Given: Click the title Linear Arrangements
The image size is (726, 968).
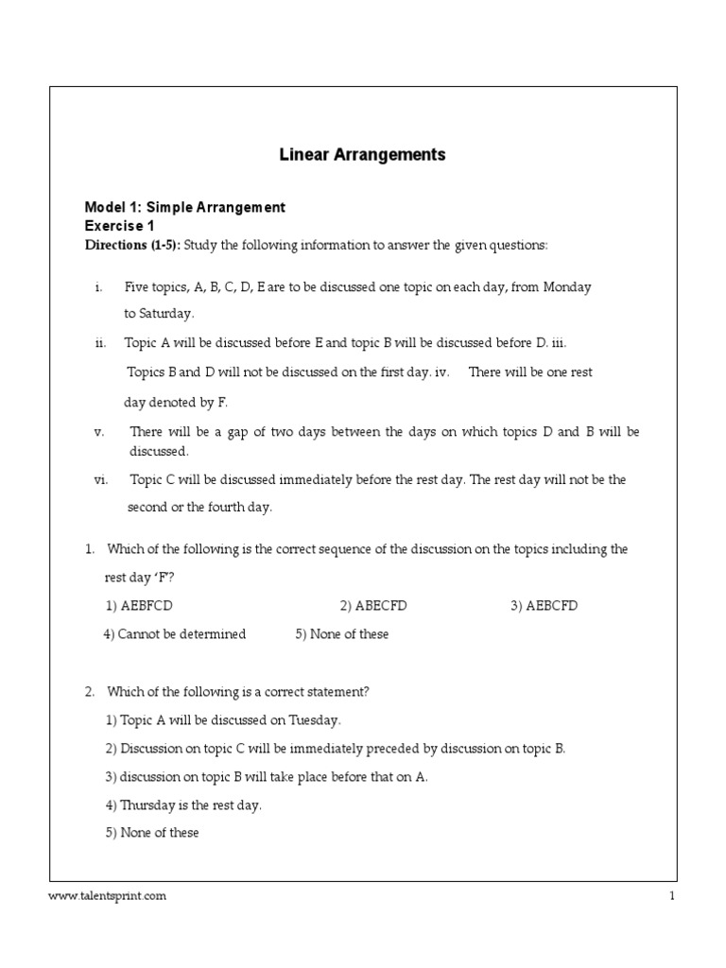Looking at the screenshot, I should tap(362, 154).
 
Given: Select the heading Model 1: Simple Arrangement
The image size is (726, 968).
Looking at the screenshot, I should tap(185, 207).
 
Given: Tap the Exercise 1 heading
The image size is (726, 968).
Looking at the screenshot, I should tap(119, 226).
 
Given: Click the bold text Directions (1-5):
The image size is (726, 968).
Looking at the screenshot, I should tap(132, 246).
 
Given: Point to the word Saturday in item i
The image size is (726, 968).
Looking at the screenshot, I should tap(165, 314).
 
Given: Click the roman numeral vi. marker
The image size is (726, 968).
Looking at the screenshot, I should tap(103, 480).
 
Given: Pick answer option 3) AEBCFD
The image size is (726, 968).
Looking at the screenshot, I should tap(544, 606).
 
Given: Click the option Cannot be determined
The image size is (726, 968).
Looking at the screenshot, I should tap(175, 634).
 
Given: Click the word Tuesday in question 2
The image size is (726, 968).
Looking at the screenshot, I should tap(313, 720).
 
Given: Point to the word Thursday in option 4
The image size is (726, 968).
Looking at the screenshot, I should tap(148, 805).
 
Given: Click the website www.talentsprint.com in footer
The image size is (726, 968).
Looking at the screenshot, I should tap(108, 897).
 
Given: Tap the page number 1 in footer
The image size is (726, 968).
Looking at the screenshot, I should tap(672, 897).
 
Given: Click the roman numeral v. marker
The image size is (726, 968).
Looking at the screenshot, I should tap(98, 432).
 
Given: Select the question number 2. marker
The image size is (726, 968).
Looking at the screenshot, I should tap(90, 692).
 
